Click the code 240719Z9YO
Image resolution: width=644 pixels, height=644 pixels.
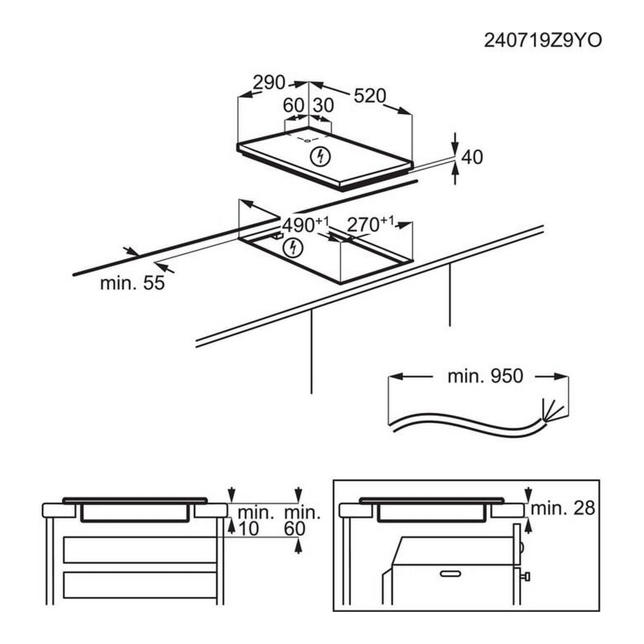[x=542, y=40]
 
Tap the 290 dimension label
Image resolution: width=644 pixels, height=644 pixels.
[x=269, y=82]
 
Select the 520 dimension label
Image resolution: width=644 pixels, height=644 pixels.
[x=370, y=96]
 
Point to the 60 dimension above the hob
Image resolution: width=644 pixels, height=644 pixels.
[x=293, y=106]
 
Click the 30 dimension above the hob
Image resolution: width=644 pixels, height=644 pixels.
[x=323, y=106]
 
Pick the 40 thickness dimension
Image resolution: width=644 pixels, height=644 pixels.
[x=472, y=157]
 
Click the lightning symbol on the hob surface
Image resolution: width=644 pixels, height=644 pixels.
[x=320, y=156]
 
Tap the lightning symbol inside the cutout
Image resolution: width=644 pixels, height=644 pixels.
[x=293, y=248]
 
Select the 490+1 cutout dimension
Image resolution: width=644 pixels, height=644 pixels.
[x=306, y=225]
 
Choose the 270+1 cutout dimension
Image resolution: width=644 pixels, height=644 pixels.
[x=370, y=224]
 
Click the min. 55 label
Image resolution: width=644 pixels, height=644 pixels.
[x=132, y=283]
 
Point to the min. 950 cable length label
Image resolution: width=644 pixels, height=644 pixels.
[x=485, y=376]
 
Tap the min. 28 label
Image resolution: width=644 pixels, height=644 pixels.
[x=563, y=509]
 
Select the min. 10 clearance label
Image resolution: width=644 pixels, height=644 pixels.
[x=256, y=521]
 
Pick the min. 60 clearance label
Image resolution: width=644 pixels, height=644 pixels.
[x=302, y=521]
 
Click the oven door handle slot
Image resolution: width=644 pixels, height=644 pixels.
[x=450, y=574]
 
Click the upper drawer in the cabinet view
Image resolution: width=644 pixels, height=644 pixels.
[x=140, y=549]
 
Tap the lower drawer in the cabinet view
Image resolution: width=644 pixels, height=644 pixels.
[x=140, y=585]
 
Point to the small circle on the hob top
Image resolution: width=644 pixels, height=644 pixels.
[x=307, y=140]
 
